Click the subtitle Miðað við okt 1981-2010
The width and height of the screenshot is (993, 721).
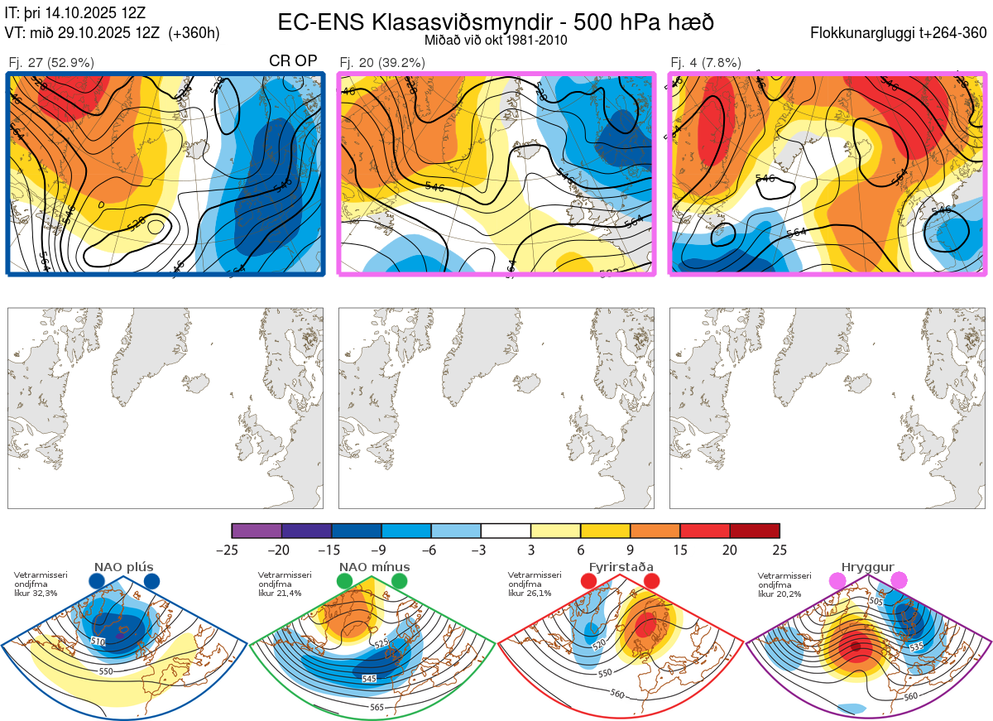(x=496, y=40)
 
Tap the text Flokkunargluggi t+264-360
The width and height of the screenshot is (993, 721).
(x=900, y=33)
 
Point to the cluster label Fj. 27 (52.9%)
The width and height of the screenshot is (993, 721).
(x=50, y=62)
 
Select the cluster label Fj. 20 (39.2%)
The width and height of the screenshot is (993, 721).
(x=381, y=62)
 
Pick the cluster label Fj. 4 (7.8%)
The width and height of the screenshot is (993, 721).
(x=706, y=62)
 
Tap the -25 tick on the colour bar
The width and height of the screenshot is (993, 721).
(x=231, y=550)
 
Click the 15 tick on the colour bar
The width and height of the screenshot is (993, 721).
(x=680, y=550)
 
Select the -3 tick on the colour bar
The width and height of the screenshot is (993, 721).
(x=481, y=550)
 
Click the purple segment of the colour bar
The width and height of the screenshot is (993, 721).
(x=257, y=531)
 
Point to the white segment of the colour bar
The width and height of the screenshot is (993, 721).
(x=506, y=531)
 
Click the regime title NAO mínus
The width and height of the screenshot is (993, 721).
(x=374, y=567)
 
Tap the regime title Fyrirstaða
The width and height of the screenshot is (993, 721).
(x=621, y=567)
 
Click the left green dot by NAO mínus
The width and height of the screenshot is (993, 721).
(x=344, y=582)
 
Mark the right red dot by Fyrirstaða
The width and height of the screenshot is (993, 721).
(x=651, y=581)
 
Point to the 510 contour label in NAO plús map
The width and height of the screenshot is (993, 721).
(x=98, y=642)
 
